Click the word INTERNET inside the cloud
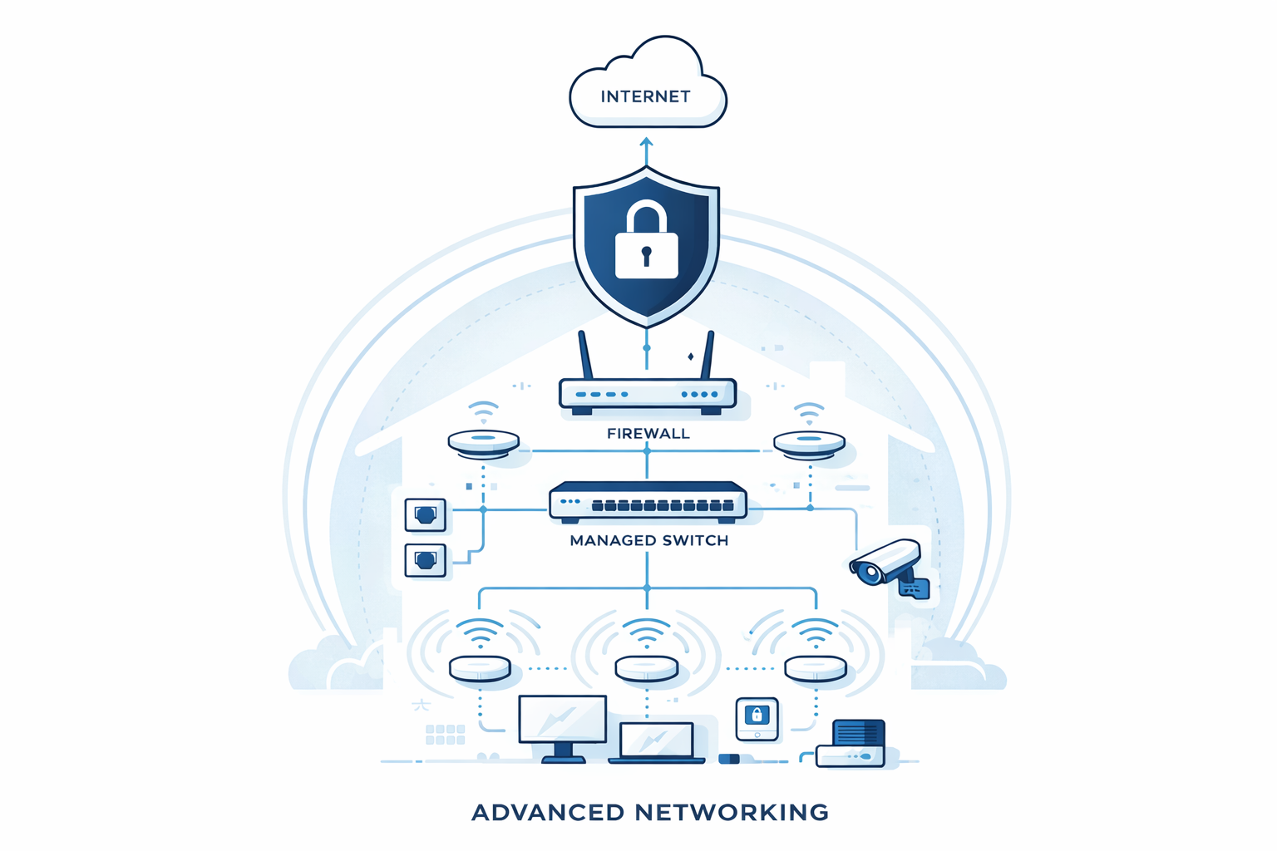coord(645,96)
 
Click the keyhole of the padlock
coord(646,254)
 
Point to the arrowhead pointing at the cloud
coord(646,143)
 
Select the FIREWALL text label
coord(648,433)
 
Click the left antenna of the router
coord(585,355)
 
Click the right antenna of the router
coord(708,355)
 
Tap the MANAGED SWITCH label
coord(648,540)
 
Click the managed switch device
coord(648,502)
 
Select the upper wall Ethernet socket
coord(425,515)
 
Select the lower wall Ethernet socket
coord(425,560)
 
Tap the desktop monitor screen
coord(562,719)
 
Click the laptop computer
coord(657,742)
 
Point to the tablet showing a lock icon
coord(757,718)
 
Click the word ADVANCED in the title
coord(547,812)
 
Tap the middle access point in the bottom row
coord(646,668)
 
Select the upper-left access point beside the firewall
coord(483,443)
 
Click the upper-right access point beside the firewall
coord(809,443)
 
